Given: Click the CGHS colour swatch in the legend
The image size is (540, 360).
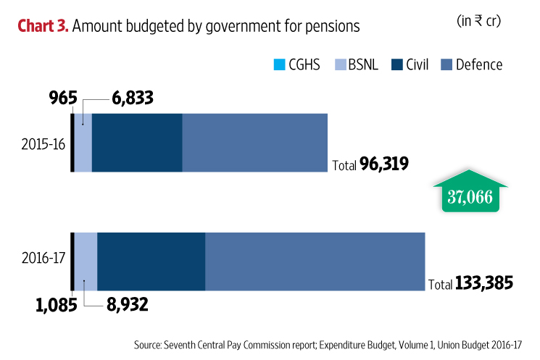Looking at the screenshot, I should coord(280,65).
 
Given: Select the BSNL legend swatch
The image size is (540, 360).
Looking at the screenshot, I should coord(338,65).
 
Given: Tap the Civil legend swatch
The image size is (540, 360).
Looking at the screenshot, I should coord(397,65).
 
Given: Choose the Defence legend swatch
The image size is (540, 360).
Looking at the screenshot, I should coord(447,65).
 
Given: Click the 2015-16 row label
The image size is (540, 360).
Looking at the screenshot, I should coord(43,143).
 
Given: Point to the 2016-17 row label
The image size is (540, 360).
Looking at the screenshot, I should coord(43,257).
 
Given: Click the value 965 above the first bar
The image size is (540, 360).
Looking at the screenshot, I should coord(64,99).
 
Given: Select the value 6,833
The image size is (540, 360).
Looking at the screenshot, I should coord(133,99).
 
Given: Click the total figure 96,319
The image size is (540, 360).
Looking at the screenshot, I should coord(384,164).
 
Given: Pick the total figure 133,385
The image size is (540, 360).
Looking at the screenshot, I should coord(484,283).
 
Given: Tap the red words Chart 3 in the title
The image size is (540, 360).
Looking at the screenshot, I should coord(42,27).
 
